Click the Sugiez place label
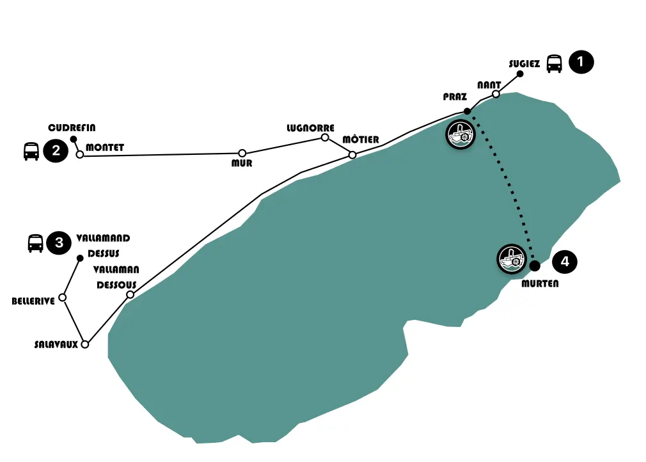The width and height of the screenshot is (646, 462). (524, 64)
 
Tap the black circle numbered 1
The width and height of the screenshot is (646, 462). (581, 62)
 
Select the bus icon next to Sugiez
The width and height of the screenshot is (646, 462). (554, 63)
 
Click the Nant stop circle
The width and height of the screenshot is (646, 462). (496, 94)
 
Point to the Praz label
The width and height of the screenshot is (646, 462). (455, 97)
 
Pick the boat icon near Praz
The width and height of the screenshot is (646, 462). (461, 134)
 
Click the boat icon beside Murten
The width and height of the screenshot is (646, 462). (512, 259)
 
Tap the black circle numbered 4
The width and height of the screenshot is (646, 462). (565, 262)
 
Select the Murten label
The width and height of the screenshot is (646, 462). (540, 283)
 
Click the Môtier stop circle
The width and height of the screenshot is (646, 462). (352, 154)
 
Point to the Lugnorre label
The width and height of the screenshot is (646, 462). (311, 128)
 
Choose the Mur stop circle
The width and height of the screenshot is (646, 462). (242, 153)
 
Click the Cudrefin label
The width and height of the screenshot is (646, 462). (72, 128)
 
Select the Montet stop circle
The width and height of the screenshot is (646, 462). (80, 154)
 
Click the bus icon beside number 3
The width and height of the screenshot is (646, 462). (35, 243)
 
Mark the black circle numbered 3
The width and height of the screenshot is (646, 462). (59, 243)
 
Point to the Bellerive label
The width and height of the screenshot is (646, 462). (33, 301)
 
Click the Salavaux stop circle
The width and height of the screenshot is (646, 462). (84, 344)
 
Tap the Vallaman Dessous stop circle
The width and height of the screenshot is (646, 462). (130, 295)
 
